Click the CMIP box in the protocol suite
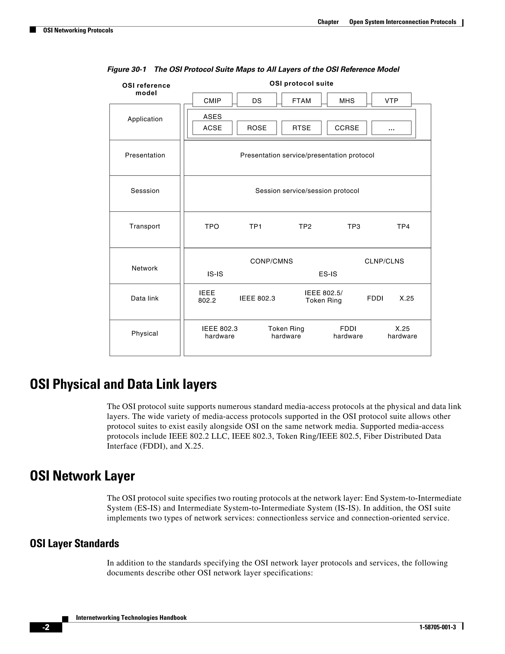tap(212, 100)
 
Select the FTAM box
tap(301, 100)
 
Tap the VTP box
tap(391, 100)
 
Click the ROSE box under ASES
tap(257, 128)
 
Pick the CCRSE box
tap(346, 128)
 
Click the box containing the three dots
tap(391, 128)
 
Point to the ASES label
tap(212, 116)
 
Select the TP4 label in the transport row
tap(403, 226)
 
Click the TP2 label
tap(305, 226)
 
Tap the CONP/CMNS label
tap(271, 261)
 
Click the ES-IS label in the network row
tap(328, 274)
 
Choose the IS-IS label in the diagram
tap(215, 274)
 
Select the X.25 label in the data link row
tap(406, 298)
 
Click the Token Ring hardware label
tap(286, 332)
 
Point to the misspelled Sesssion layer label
tap(145, 191)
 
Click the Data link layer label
tap(144, 298)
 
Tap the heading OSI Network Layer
tap(82, 476)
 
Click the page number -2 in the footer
tap(46, 627)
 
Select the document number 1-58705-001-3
tap(437, 627)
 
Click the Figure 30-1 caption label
tap(126, 70)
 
